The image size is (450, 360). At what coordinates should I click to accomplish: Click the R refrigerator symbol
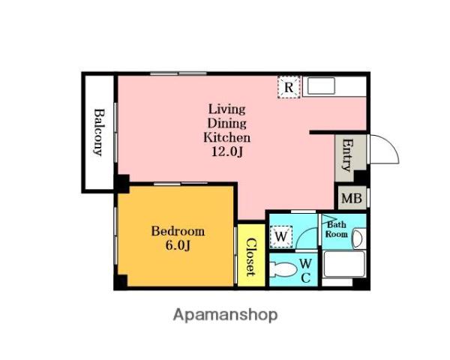point(289,87)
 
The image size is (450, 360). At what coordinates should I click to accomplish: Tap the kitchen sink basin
point(321,85)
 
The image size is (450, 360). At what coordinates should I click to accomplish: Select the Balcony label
point(99,132)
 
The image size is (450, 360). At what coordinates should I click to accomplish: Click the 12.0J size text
point(227,151)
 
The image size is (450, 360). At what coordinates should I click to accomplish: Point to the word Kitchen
point(226,137)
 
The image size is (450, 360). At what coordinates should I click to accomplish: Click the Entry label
point(347,155)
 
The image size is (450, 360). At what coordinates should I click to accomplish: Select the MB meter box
point(352,198)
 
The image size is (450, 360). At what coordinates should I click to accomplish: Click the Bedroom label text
point(178,232)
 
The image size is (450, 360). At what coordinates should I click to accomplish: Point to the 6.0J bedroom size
point(178,245)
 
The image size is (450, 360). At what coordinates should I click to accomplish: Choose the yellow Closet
point(251,255)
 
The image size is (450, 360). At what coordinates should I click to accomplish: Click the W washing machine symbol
point(281,236)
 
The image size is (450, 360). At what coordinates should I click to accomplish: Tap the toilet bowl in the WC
point(283,270)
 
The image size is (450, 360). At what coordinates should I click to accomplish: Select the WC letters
point(306,270)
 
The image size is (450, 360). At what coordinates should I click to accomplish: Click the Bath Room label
point(337,229)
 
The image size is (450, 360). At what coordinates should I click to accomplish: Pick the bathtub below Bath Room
point(344,264)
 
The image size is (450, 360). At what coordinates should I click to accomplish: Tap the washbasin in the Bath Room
point(357,238)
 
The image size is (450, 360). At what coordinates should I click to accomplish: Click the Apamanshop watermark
point(226,315)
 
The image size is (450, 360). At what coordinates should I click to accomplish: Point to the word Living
point(226,109)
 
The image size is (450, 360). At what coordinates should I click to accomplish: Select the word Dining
point(226,124)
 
